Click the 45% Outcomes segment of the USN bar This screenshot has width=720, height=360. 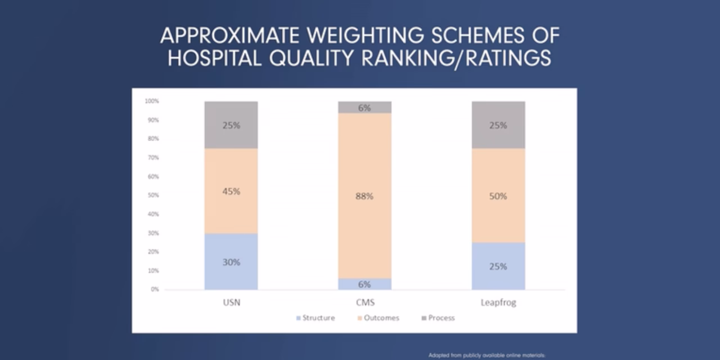pyautogui.click(x=231, y=191)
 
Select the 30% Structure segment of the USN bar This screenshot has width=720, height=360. pyautogui.click(x=231, y=262)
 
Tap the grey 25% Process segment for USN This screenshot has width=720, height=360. pyautogui.click(x=231, y=125)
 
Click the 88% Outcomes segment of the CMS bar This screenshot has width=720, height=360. pyautogui.click(x=364, y=196)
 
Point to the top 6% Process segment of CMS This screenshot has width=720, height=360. pyautogui.click(x=364, y=107)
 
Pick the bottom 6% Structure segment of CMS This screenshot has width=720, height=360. pyautogui.click(x=364, y=284)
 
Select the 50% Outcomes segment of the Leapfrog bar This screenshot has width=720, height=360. pyautogui.click(x=498, y=196)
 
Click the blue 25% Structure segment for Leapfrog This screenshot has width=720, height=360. pyautogui.click(x=498, y=266)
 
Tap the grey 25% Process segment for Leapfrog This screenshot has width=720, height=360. pyautogui.click(x=498, y=125)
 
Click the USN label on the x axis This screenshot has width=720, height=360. pyautogui.click(x=231, y=303)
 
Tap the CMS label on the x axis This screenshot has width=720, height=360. pyautogui.click(x=364, y=303)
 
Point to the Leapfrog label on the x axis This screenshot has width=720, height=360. pyautogui.click(x=498, y=303)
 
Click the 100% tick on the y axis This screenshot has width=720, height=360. pyautogui.click(x=152, y=101)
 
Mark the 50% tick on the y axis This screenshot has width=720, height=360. pyautogui.click(x=153, y=195)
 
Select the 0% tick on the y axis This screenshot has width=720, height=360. pyautogui.click(x=154, y=289)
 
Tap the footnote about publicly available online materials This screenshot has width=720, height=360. pyautogui.click(x=487, y=355)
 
